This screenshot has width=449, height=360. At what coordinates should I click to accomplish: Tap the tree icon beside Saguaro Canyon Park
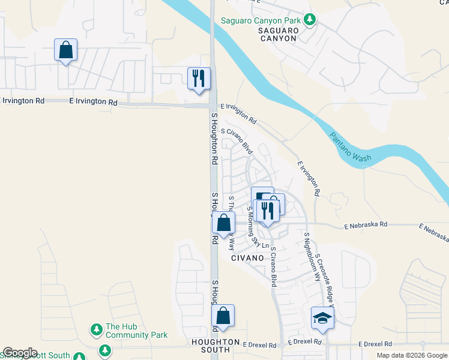310,20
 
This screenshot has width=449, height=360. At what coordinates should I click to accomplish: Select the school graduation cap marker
322,318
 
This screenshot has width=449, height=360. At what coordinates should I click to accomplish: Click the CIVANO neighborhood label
247,257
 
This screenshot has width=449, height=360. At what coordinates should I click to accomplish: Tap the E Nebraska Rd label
366,225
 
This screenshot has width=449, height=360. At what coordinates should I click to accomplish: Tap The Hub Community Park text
136,331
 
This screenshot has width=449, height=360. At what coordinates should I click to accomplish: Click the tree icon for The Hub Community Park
96,329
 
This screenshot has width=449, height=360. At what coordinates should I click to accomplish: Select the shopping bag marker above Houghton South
223,316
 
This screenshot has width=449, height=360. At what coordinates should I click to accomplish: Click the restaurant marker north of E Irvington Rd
199,78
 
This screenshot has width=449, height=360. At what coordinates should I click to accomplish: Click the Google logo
20,353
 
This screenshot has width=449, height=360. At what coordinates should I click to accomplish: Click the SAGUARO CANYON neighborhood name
277,34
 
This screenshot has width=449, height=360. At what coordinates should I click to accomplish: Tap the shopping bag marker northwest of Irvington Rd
66,50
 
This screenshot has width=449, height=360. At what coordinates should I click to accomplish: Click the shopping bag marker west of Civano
223,223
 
